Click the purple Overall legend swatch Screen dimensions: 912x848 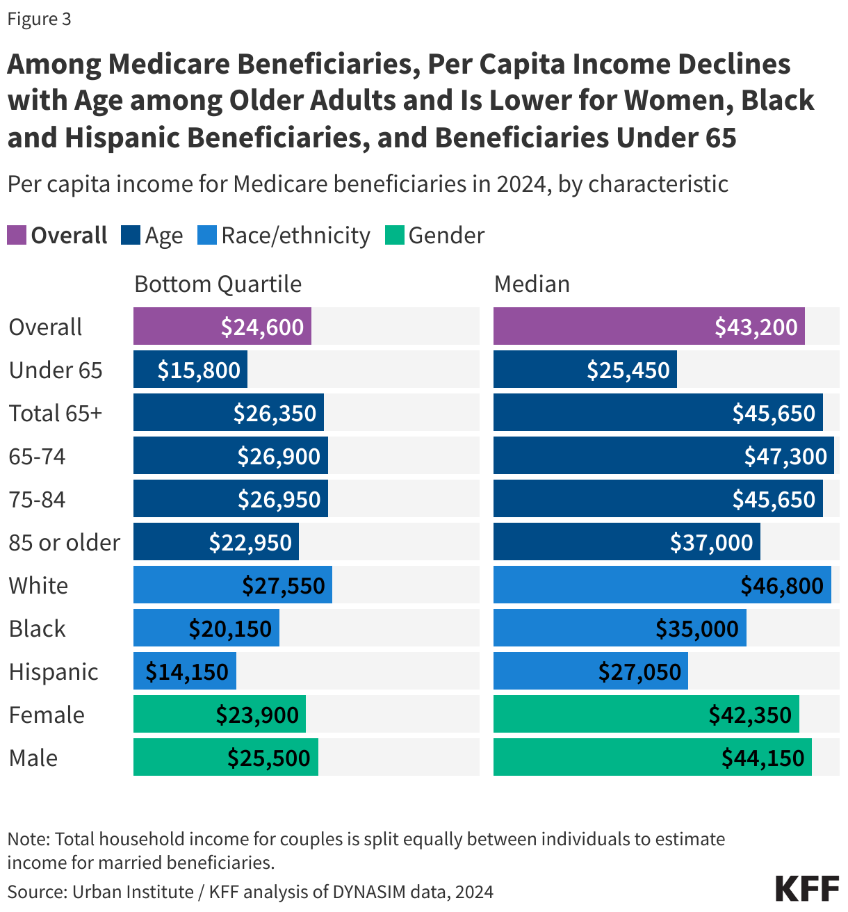coord(17,235)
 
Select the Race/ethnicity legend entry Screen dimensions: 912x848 coord(295,236)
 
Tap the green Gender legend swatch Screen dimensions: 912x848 coord(394,235)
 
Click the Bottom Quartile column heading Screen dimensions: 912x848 coord(218,284)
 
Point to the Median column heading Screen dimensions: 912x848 coord(532,284)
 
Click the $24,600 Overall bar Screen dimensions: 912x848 coord(222,326)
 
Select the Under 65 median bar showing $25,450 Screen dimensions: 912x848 coord(585,369)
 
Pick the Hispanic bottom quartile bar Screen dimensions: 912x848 coord(185,671)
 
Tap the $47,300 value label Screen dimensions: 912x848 coord(785,456)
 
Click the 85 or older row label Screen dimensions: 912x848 coord(65,542)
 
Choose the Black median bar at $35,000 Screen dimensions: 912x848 coord(619,628)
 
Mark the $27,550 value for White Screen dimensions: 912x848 coord(284,585)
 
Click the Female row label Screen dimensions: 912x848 coord(47,715)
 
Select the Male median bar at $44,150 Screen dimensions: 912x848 coord(652,757)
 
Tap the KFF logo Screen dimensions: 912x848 coord(807,888)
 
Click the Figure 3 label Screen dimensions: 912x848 coord(40,19)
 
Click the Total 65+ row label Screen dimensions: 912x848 coord(56,413)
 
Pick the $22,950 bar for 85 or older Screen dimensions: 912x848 coord(216,541)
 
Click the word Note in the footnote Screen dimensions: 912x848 coord(28,839)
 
